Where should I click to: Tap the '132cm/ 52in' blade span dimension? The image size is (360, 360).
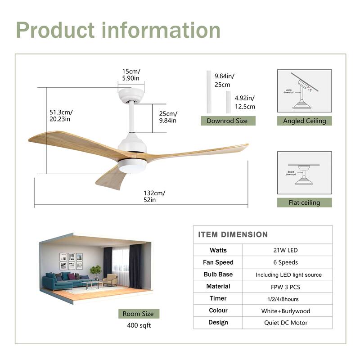tap(154, 197)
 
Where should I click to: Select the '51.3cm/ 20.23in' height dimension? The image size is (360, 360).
tap(61, 116)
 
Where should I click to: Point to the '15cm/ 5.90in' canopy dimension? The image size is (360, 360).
tap(131, 75)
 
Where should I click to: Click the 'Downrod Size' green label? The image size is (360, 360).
tap(227, 121)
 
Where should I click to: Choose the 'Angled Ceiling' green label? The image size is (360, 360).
tap(304, 121)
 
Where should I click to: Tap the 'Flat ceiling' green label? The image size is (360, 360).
tap(304, 202)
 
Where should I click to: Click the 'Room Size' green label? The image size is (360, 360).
tap(139, 314)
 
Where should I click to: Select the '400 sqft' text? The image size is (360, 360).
tap(139, 325)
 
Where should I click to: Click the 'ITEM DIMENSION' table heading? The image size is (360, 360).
tap(233, 234)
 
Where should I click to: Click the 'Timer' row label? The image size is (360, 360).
tap(218, 298)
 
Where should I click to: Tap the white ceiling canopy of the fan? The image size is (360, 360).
tap(131, 95)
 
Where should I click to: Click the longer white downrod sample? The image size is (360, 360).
tap(209, 91)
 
